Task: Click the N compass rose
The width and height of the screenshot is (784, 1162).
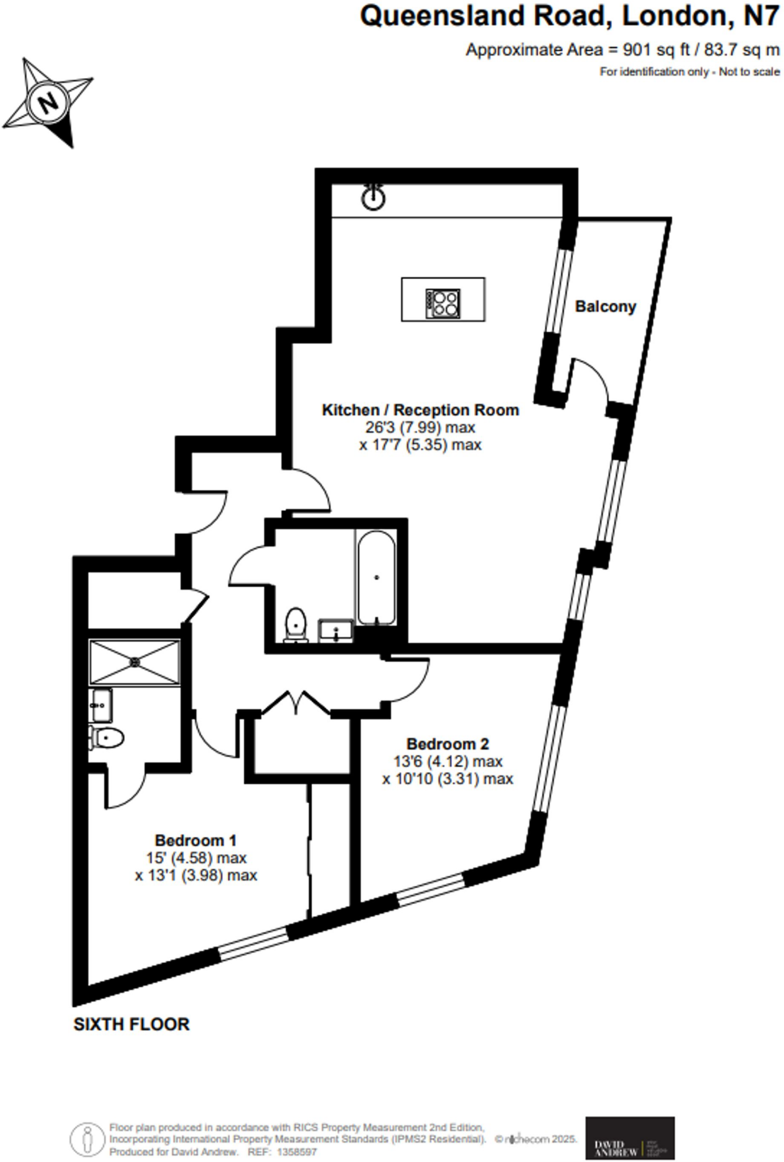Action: (x=48, y=102)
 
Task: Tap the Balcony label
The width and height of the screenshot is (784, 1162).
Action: (x=605, y=306)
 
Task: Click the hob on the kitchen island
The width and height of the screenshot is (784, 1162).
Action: (x=443, y=303)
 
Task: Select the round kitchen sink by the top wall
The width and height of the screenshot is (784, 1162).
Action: (x=373, y=198)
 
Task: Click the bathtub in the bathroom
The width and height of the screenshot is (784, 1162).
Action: (x=376, y=577)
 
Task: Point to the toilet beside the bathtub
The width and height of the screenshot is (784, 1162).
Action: (x=295, y=624)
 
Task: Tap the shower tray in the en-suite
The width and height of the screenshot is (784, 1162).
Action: (x=135, y=662)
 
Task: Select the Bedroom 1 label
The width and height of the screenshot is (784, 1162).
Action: (x=195, y=840)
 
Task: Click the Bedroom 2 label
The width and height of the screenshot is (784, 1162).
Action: (x=447, y=744)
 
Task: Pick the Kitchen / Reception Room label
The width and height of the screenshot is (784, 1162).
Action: (x=420, y=410)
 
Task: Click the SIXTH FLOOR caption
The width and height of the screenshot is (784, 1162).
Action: (x=131, y=1024)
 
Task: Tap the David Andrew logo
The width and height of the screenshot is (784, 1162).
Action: (x=630, y=1138)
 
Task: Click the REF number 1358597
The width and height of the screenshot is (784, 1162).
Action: (x=296, y=1152)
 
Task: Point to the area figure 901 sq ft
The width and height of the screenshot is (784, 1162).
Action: (x=656, y=50)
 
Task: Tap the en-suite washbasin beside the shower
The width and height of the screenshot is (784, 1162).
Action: (x=100, y=705)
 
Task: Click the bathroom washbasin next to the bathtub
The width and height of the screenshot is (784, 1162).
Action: (x=336, y=630)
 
